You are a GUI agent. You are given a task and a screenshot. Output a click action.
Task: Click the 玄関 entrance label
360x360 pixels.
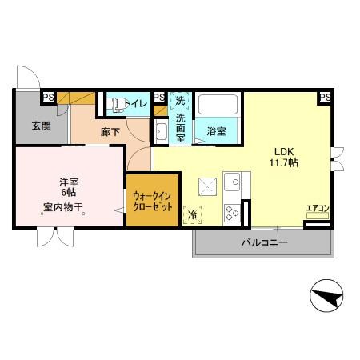click(41, 125)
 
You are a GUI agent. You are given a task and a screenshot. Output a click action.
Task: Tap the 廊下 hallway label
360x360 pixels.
click(110, 132)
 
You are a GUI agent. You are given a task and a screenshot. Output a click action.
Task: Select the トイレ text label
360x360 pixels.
click(138, 102)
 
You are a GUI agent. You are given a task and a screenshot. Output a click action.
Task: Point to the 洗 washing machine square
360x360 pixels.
click(180, 102)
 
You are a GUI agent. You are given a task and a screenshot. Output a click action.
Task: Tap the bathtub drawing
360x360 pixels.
click(218, 105)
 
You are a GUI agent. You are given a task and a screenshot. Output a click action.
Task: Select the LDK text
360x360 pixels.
click(284, 150)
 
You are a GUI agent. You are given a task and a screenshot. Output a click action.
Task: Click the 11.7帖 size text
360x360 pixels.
click(284, 162)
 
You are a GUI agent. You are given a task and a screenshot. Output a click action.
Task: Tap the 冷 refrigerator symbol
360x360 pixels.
click(193, 214)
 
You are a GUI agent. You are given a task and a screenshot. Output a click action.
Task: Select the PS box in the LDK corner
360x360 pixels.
click(324, 97)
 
